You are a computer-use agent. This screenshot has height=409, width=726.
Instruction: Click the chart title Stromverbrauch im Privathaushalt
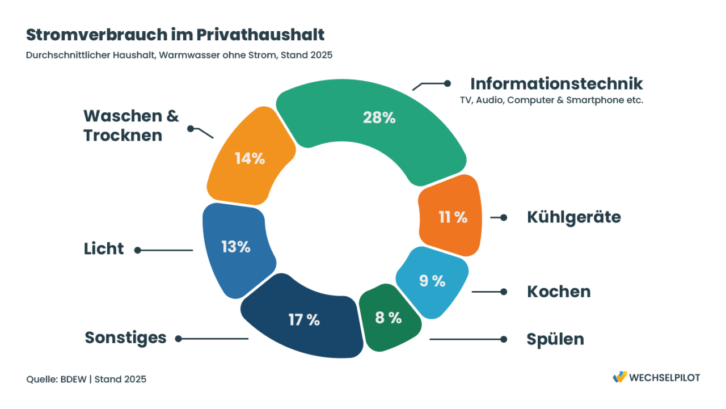175,35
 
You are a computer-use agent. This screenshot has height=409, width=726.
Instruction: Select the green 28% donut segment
378,125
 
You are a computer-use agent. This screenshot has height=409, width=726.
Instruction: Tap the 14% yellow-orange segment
250,158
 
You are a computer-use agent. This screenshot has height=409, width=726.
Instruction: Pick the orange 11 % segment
451,217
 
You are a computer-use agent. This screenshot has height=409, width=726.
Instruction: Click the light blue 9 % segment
432,281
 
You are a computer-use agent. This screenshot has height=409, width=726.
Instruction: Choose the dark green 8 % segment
389,318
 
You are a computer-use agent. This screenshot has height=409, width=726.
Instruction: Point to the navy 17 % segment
303,319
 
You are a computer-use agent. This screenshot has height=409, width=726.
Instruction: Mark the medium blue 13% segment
235,247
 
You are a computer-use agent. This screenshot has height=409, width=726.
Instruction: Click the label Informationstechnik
556,83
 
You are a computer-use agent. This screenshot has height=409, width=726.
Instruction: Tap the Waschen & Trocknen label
131,125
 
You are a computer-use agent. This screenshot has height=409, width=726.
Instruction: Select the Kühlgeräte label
573,217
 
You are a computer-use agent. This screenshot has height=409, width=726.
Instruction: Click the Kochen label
559,292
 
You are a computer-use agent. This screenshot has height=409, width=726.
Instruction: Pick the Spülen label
555,339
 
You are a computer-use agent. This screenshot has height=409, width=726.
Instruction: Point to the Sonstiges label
125,338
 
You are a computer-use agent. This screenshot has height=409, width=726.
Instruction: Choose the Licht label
104,249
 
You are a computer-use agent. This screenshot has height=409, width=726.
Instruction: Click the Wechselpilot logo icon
619,377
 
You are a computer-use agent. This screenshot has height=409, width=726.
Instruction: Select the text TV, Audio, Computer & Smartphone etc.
551,100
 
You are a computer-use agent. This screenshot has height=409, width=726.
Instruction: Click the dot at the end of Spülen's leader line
503,339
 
